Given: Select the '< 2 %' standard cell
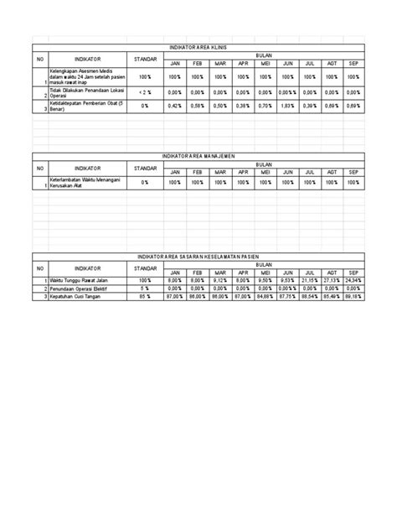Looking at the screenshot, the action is (x=144, y=91).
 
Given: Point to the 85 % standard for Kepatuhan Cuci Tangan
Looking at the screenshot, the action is (x=144, y=296).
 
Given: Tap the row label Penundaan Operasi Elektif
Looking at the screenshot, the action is (x=75, y=288).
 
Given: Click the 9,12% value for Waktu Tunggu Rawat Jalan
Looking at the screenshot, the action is (x=219, y=280).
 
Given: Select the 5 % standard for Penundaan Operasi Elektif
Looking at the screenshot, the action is (x=144, y=288).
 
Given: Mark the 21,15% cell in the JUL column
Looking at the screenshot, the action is (x=309, y=280).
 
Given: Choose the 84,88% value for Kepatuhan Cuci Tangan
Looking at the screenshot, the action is (x=264, y=296).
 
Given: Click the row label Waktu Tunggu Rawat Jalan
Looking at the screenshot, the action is (x=75, y=280).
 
